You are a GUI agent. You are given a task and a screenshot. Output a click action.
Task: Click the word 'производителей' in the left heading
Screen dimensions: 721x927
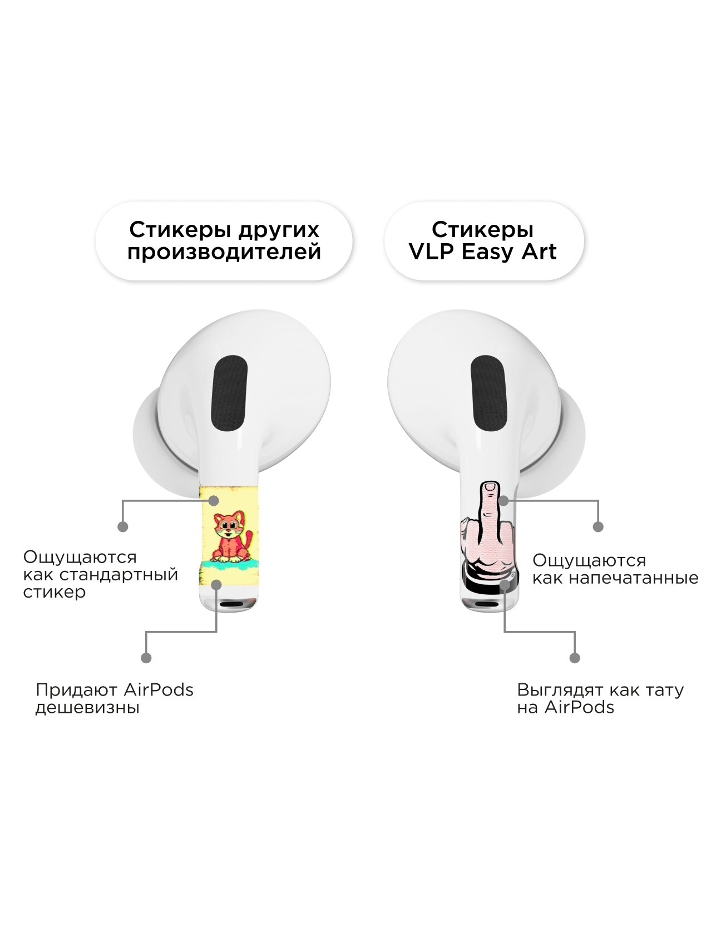pos(224,252)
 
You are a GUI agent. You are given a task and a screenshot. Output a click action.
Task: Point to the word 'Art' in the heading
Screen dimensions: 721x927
pos(538,252)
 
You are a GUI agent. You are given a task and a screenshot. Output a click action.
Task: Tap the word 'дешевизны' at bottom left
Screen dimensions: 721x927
pos(87,708)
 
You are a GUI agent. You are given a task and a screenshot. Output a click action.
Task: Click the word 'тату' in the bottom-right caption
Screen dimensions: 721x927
pos(663,690)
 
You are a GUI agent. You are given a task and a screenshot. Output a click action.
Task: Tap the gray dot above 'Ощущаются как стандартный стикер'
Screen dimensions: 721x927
pos(123,526)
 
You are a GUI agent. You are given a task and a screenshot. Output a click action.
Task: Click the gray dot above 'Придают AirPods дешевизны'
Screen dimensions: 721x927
pos(146,658)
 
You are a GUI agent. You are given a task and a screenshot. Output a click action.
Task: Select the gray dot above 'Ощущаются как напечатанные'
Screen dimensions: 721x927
pos(598,526)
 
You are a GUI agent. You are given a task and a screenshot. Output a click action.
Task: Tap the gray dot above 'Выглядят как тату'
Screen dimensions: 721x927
pos(575,658)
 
